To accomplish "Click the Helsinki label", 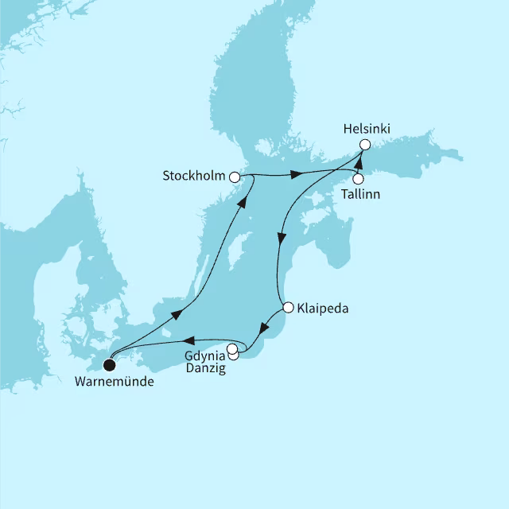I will (x=367, y=127).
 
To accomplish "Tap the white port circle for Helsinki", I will (x=364, y=145).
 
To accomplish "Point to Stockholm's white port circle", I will (x=234, y=177).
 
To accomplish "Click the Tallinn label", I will (x=359, y=194).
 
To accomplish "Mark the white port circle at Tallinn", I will (x=358, y=179).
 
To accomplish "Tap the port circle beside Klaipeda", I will (x=288, y=307).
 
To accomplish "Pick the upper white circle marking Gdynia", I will (x=231, y=348).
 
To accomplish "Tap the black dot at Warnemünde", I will (x=110, y=366).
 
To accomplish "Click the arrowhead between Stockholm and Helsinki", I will (x=295, y=174).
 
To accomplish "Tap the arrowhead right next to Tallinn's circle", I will (x=357, y=166).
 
